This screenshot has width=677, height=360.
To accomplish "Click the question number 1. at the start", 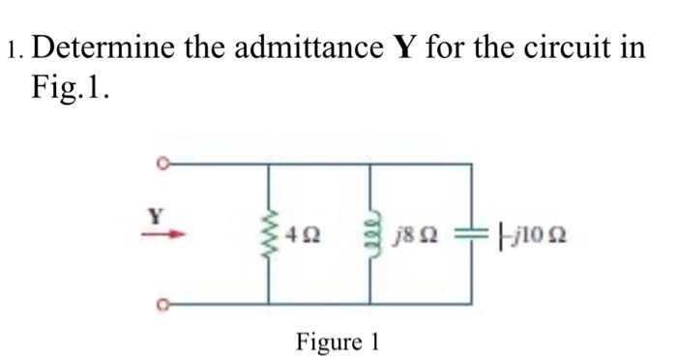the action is [17, 47].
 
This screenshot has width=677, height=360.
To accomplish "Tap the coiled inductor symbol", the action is [369, 234].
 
